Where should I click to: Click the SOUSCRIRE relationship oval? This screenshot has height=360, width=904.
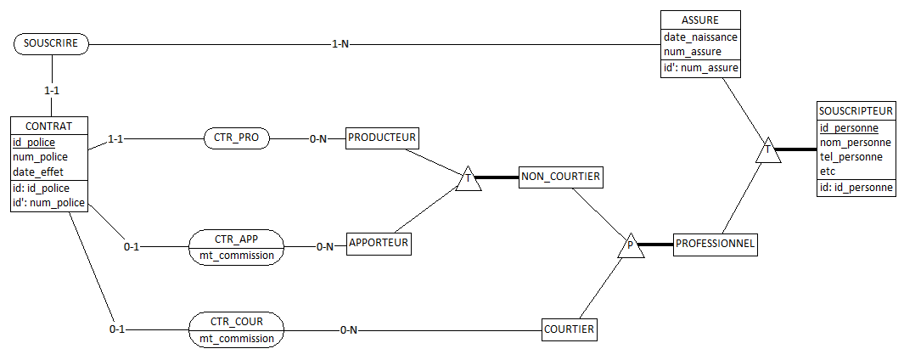(x=52, y=44)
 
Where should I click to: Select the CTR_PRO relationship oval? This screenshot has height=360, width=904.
(x=237, y=139)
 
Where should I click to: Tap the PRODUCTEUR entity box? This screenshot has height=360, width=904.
(x=382, y=138)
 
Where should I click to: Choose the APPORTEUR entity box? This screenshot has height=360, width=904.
(x=379, y=244)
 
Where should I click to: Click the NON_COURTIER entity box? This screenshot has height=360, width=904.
(x=561, y=177)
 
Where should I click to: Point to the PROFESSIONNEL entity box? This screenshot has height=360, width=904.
(x=716, y=244)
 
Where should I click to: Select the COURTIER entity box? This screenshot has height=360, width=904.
(x=570, y=329)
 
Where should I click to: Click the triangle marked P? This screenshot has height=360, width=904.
(x=630, y=245)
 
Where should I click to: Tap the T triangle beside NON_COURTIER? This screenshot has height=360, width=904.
(x=469, y=179)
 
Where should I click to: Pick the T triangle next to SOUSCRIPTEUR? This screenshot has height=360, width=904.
(x=768, y=150)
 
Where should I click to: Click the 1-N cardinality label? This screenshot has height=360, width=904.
(x=340, y=44)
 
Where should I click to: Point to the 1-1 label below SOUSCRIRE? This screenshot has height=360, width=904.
(x=53, y=92)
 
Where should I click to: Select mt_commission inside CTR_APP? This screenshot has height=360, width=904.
(x=237, y=255)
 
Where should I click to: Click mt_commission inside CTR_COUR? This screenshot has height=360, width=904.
(x=237, y=338)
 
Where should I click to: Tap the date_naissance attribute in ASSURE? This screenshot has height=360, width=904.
(x=700, y=37)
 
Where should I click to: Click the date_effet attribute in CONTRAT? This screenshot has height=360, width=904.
(x=36, y=172)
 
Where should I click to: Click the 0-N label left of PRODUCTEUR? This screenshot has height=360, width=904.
(x=318, y=139)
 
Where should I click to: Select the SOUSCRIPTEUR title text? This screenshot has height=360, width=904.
(x=856, y=110)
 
